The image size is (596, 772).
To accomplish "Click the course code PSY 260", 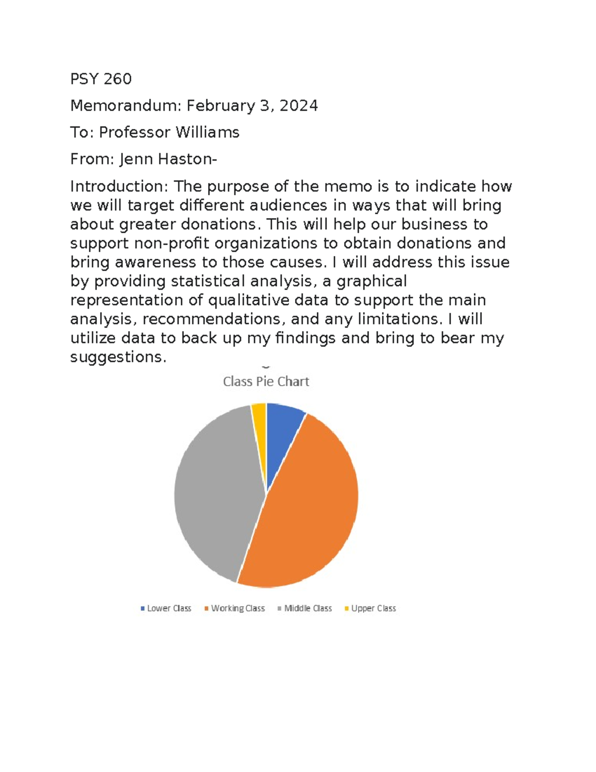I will click(x=101, y=79).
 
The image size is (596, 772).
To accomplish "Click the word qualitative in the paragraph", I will click(x=249, y=300).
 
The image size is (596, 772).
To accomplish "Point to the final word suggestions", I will click(x=118, y=356).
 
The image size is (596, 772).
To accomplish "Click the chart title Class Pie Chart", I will click(x=266, y=381).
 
